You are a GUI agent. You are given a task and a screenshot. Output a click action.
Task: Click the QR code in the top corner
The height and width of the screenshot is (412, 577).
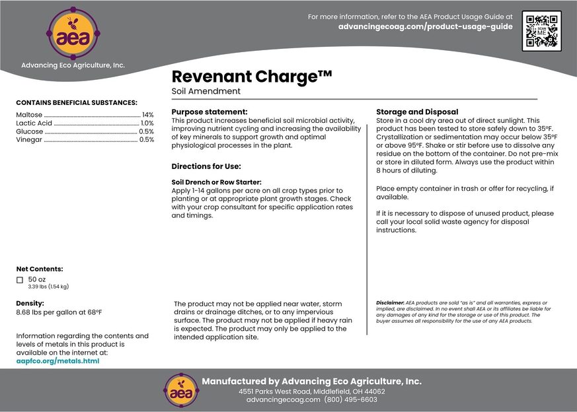541,31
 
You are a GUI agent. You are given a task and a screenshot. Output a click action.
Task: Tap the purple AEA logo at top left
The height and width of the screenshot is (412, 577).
73,33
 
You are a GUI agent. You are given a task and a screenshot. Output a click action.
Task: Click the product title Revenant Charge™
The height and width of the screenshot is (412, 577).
251,77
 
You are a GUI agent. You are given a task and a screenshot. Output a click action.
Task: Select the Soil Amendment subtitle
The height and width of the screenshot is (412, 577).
206,91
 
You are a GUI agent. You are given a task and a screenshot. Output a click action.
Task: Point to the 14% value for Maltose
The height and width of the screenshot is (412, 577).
147,115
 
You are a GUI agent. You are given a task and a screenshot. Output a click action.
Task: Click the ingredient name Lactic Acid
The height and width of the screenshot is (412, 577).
34,123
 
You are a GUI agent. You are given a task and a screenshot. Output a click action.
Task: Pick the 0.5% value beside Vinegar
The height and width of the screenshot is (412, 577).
146,139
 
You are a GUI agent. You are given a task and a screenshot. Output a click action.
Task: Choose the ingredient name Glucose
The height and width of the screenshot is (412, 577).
30,131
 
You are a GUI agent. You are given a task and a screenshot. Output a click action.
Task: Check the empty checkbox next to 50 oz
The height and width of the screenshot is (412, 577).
20,280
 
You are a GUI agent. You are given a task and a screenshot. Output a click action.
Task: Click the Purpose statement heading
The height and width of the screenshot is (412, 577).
210,112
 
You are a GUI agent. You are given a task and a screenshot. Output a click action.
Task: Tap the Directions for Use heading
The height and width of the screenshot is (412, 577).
206,166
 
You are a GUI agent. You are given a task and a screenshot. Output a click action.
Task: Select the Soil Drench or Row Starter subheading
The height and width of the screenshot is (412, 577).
216,182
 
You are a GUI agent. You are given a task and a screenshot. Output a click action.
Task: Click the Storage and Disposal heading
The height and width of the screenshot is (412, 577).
417,112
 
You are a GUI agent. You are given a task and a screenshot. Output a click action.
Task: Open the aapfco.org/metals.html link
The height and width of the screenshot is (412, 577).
58,361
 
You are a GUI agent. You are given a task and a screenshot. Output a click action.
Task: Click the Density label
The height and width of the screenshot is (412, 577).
30,303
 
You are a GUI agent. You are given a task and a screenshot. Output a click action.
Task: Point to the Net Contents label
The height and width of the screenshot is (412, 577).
40,269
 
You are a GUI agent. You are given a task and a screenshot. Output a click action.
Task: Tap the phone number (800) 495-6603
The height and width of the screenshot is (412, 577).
350,399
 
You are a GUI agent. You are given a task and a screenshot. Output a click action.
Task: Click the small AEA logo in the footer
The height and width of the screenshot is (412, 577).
178,390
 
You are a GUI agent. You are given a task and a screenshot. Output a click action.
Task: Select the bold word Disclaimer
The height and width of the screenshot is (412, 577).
390,302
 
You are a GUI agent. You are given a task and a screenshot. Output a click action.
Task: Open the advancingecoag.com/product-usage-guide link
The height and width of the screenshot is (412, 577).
425,26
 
